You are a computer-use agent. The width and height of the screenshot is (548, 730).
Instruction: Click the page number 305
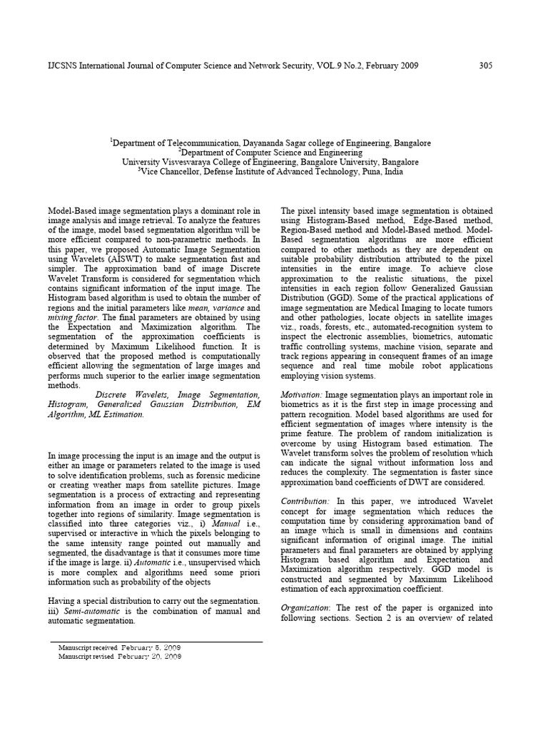point(485,66)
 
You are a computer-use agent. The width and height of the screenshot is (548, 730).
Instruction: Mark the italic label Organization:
point(305,607)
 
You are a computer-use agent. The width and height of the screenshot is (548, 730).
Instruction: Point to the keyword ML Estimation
point(118,414)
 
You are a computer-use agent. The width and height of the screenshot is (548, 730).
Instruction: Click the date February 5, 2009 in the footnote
point(151,647)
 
